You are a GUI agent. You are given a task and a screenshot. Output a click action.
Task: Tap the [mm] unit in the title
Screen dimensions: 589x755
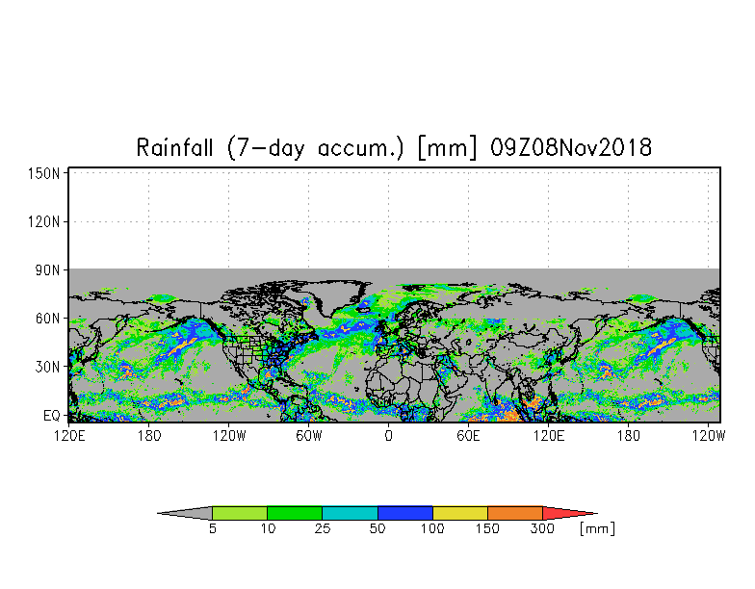[448, 148]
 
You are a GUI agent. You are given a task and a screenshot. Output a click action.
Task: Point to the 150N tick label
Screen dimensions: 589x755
[44, 173]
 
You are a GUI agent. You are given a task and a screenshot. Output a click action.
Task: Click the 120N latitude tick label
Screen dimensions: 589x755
[44, 221]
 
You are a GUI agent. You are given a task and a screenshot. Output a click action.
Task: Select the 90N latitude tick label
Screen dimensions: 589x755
[48, 270]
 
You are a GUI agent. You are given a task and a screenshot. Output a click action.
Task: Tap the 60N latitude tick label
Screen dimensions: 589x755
[48, 319]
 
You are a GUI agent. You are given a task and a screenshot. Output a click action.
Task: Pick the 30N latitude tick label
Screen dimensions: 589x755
[48, 367]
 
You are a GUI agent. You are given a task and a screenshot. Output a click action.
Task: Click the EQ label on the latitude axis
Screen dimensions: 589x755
[52, 416]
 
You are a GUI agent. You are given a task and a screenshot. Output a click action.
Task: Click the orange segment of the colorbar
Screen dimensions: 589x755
[515, 513]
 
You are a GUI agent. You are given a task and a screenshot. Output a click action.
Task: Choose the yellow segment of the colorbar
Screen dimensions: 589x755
[460, 513]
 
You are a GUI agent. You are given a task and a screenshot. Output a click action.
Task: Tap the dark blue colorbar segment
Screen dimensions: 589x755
[405, 513]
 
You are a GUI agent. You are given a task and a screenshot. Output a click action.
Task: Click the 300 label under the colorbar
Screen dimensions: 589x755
[543, 528]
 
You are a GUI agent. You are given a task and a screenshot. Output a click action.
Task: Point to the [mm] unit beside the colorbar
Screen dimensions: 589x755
[598, 528]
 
